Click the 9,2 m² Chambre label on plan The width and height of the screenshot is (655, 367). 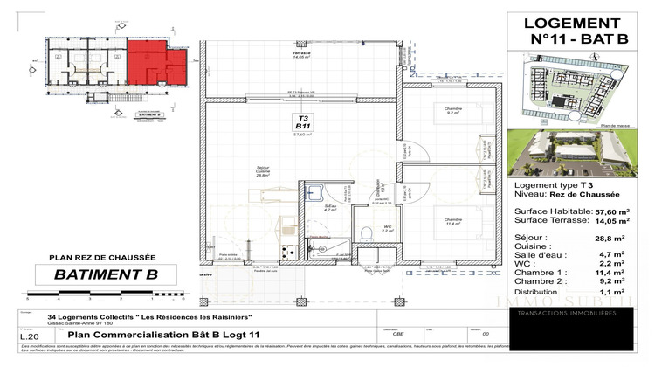pyautogui.click(x=453, y=111)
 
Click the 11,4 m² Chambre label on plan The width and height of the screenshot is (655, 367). pyautogui.click(x=452, y=221)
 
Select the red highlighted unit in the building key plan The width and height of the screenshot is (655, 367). pyautogui.click(x=158, y=67)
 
